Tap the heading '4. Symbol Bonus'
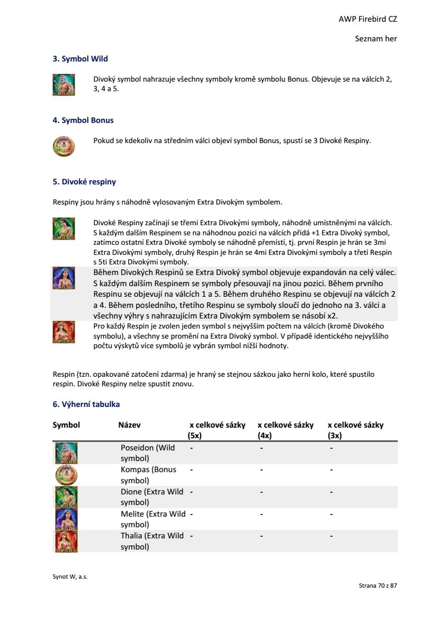click(83, 120)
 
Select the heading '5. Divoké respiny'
click(84, 182)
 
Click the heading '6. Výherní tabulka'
click(86, 404)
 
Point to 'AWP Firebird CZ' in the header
click(368, 19)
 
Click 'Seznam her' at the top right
click(376, 39)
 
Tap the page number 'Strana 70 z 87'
click(378, 586)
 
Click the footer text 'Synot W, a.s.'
click(70, 577)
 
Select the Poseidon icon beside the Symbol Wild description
click(64, 84)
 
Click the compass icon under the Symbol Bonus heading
click(64, 146)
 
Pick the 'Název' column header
click(129, 425)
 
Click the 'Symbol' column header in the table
click(66, 425)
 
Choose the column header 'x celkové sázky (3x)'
click(355, 430)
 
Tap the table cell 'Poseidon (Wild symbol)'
click(147, 453)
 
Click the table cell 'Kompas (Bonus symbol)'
click(148, 475)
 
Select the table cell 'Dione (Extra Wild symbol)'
click(151, 497)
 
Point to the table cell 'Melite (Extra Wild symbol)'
click(153, 519)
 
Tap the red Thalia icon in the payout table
click(66, 542)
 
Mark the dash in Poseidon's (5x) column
click(191, 448)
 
